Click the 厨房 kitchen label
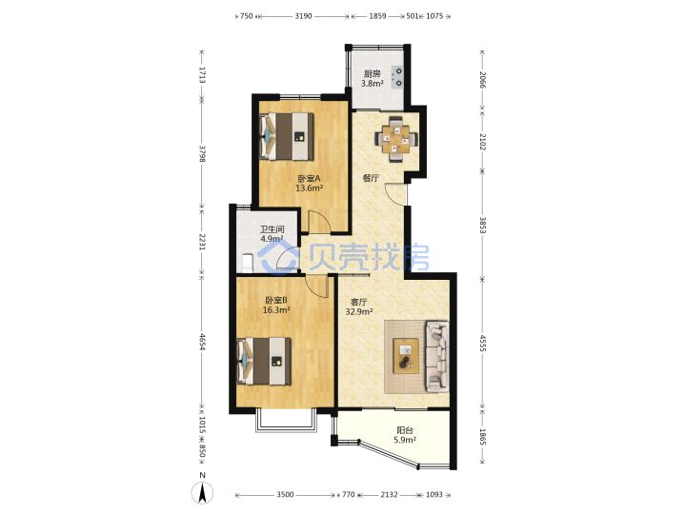click(x=373, y=73)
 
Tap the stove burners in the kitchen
click(x=398, y=77)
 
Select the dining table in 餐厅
click(x=396, y=139)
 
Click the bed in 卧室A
click(x=287, y=136)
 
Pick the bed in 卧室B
click(x=264, y=361)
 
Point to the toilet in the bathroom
click(x=248, y=263)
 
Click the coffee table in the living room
click(x=406, y=356)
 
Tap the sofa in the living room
click(x=437, y=356)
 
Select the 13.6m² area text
click(x=310, y=188)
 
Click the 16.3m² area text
click(x=276, y=310)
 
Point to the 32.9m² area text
click(x=359, y=311)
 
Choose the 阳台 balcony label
click(x=405, y=430)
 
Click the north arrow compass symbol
click(x=202, y=493)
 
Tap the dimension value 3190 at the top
click(x=303, y=16)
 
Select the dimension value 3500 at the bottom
click(x=285, y=494)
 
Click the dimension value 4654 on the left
click(x=202, y=342)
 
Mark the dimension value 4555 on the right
click(x=482, y=344)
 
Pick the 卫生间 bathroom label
click(x=272, y=229)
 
